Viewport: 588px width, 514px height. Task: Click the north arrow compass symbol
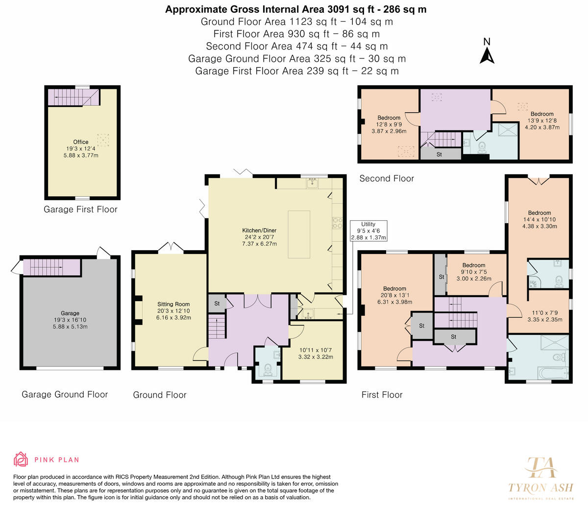pos(487,56)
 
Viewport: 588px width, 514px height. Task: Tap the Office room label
pos(81,142)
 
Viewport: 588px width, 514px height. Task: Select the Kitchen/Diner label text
pos(259,231)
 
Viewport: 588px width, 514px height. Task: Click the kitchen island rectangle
pos(299,234)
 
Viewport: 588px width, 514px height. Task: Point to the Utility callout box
pos(368,231)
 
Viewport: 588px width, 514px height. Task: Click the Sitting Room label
pos(173,304)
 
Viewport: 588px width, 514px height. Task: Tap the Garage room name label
pos(70,313)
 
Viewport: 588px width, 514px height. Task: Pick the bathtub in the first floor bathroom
pos(553,374)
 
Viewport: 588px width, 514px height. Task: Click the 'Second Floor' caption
pos(387,179)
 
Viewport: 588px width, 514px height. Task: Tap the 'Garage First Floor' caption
pos(80,209)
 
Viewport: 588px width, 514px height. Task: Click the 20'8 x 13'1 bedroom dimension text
pos(394,295)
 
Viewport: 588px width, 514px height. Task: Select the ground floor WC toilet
pos(268,370)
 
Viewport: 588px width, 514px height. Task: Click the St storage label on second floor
pos(439,154)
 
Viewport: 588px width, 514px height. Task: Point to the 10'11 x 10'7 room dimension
pos(316,350)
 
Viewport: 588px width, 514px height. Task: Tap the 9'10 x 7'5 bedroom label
pos(474,272)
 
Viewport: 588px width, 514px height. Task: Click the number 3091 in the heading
pos(338,9)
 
